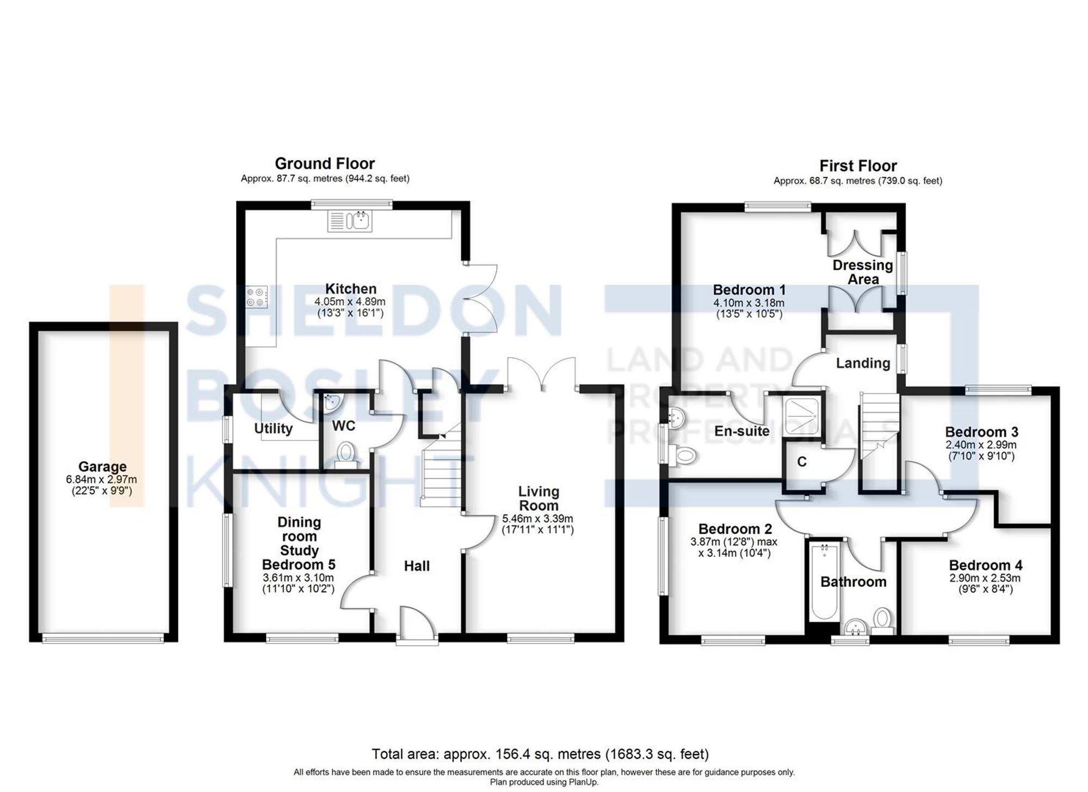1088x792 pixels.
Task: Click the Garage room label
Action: click(102, 466)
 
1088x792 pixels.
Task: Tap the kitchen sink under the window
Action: click(350, 221)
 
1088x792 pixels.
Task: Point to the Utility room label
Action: click(273, 429)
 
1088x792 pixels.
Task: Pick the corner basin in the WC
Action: click(331, 402)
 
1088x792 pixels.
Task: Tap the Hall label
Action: click(417, 566)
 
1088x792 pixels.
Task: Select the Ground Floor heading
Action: click(325, 163)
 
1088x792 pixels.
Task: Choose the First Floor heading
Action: click(858, 165)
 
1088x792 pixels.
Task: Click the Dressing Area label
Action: click(863, 272)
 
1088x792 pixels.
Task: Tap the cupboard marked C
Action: click(801, 462)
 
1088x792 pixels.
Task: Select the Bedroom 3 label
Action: click(981, 432)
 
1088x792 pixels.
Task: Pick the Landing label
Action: click(863, 363)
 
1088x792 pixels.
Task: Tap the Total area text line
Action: click(540, 754)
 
